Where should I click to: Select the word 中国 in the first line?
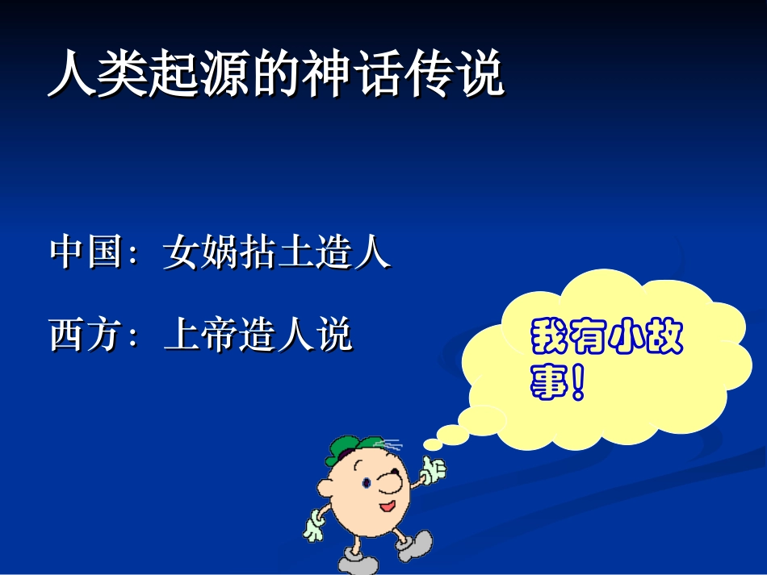(84, 252)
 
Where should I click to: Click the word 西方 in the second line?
(84, 335)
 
